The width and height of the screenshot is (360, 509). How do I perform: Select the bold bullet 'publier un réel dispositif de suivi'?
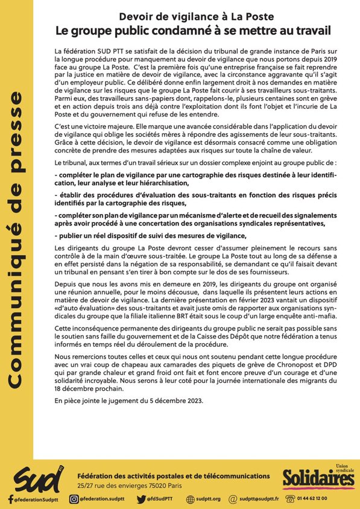tap(151, 235)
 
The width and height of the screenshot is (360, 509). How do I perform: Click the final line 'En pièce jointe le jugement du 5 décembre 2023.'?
tap(128, 401)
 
